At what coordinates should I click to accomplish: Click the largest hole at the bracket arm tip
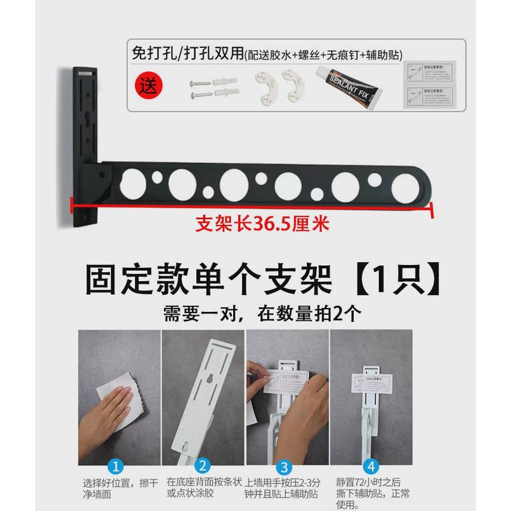coord(407,185)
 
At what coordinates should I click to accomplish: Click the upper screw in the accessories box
coord(199,82)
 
